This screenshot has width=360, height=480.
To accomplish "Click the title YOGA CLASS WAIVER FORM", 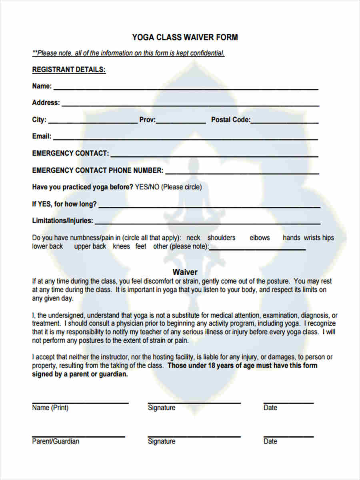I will [x=185, y=38].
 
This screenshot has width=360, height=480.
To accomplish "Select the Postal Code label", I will [x=230, y=120].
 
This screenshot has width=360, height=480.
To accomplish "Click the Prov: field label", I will [x=147, y=120].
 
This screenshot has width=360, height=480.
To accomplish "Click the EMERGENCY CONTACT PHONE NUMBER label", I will [x=98, y=170].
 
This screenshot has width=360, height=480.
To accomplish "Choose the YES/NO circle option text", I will [x=148, y=187].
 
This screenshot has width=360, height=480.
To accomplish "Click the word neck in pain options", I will [x=193, y=238].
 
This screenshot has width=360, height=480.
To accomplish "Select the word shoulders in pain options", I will [x=221, y=238].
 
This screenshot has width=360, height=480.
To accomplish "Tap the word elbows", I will [x=260, y=238].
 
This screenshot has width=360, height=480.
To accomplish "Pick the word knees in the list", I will [x=121, y=246].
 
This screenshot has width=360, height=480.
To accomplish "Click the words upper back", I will [x=90, y=246].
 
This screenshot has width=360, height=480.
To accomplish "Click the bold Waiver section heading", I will [x=185, y=272].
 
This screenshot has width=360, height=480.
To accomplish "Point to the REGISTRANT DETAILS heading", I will [x=69, y=70].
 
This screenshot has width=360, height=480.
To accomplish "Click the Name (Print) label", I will [x=50, y=408].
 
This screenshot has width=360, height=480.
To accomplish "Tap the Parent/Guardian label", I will [x=56, y=441].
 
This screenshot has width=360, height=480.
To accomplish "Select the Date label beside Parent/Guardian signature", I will [x=270, y=441].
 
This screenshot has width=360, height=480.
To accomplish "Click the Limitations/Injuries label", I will [x=62, y=220].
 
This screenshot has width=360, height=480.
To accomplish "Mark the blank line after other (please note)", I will [x=257, y=248].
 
